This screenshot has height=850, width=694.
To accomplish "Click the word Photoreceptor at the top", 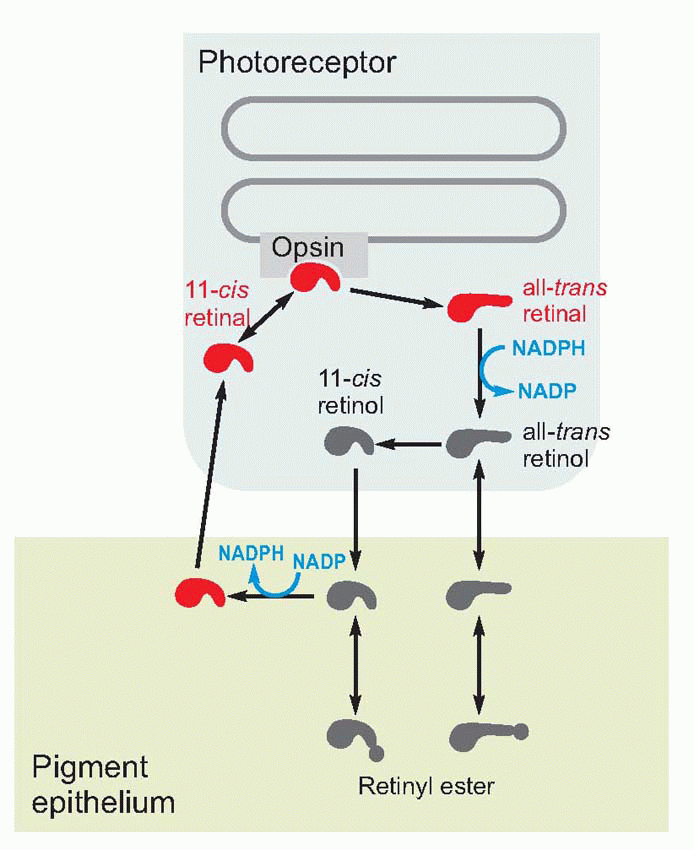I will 297,63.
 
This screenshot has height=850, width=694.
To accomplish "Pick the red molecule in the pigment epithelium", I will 199,594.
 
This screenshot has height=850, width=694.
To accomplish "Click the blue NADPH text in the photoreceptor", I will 547,349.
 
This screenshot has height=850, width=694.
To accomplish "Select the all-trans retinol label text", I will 566,446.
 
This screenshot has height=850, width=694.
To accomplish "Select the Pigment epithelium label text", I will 104,784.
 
